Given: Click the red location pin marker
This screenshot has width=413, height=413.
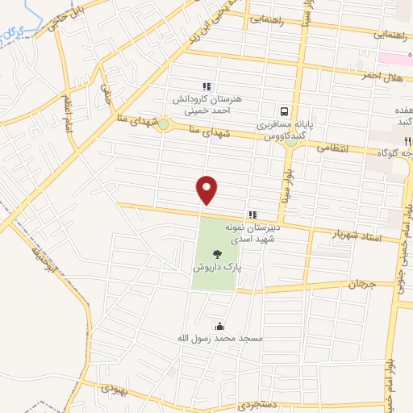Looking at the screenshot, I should [x=208, y=190].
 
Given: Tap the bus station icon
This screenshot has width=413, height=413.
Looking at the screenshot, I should [x=284, y=111].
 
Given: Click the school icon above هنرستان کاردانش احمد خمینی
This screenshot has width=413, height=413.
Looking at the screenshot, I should [x=206, y=86].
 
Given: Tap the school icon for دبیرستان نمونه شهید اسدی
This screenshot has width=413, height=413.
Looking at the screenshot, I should [x=252, y=214].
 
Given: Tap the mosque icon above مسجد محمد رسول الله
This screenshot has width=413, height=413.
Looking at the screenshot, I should [x=219, y=326].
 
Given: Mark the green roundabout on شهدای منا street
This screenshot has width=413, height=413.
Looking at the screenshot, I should [x=164, y=124].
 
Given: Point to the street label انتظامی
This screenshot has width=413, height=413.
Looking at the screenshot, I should [x=332, y=148].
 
